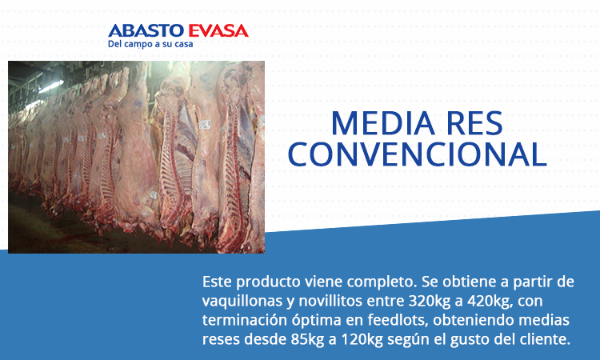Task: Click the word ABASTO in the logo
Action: (146, 30)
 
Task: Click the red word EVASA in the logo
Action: (218, 30)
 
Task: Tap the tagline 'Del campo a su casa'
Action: (150, 44)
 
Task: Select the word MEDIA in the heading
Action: (382, 123)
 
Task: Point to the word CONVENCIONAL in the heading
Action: (417, 154)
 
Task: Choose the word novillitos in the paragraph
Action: (330, 301)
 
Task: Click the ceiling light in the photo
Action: (51, 87)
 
